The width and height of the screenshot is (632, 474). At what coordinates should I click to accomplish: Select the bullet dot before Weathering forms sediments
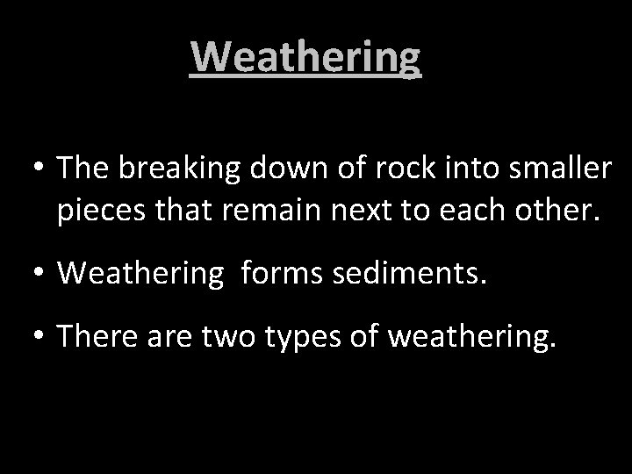pos(39,273)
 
